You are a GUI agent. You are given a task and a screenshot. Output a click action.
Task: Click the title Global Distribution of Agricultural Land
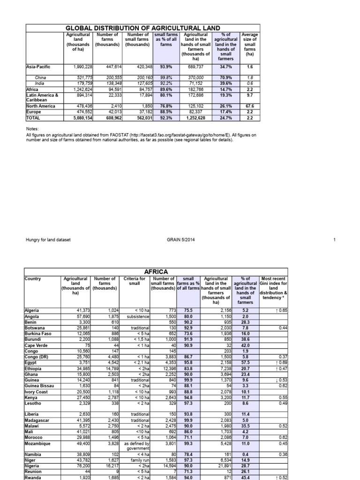coord(142,28)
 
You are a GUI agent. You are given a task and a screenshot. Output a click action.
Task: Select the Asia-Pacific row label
coord(38,67)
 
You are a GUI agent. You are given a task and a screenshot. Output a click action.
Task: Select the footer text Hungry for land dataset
coord(48,240)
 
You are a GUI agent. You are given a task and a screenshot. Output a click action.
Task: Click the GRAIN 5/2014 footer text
coord(181,240)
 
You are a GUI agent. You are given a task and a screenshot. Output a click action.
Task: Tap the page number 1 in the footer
coord(335,240)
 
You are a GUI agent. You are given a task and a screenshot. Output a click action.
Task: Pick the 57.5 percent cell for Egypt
coord(244,362)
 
